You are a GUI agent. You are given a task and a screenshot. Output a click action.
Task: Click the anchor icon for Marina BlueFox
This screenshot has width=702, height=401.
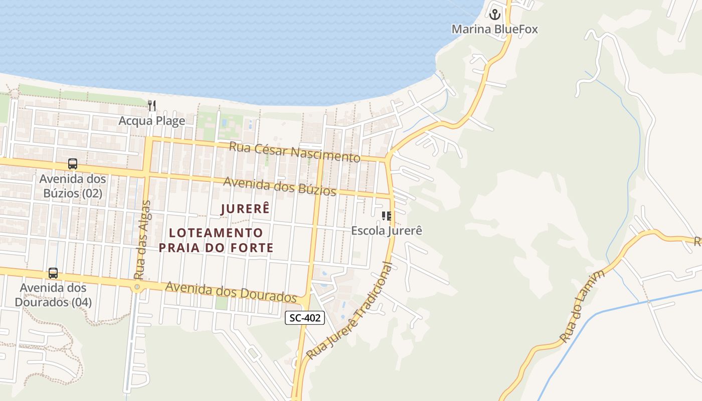(495, 15)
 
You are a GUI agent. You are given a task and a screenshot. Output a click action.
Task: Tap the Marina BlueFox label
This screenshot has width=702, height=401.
(494, 29)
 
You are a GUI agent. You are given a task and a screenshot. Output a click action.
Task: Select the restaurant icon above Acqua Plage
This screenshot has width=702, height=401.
(152, 106)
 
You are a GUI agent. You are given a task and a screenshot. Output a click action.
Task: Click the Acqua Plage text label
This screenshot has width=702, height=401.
(151, 121)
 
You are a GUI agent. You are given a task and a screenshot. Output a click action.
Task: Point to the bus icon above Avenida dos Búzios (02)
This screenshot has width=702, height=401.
(73, 164)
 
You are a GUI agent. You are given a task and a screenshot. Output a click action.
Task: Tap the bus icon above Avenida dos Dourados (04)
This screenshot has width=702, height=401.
(53, 273)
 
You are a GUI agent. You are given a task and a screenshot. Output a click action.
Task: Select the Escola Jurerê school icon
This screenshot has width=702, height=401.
(386, 216)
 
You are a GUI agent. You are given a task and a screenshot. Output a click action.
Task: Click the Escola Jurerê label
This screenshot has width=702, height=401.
(387, 231)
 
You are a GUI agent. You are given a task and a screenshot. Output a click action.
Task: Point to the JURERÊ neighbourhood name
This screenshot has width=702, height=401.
(245, 209)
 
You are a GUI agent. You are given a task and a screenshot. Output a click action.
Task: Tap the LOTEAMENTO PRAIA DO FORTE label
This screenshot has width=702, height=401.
(216, 240)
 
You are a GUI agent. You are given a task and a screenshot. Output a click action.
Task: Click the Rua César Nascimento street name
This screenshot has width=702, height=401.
(294, 152)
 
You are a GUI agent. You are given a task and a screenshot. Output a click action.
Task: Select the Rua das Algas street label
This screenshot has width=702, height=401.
(143, 240)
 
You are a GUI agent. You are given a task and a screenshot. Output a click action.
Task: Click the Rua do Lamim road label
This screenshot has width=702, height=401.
(584, 306)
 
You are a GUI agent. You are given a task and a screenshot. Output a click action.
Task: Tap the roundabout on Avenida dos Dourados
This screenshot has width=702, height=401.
(136, 287)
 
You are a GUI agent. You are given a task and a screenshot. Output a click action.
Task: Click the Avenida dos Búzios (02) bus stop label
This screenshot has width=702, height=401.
(72, 186)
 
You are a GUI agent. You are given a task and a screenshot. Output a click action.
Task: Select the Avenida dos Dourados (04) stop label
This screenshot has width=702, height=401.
(53, 295)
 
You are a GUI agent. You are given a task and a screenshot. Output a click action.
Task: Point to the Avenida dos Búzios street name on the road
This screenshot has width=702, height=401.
(279, 186)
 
